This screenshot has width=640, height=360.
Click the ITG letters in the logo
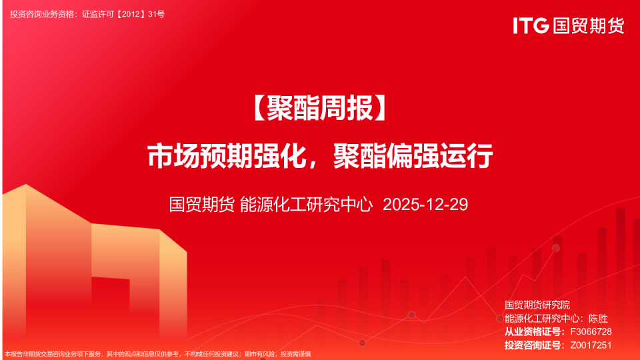point(531,26)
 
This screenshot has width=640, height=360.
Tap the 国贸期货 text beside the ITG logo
point(587,26)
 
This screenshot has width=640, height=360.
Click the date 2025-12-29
point(425,205)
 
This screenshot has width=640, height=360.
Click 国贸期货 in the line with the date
point(201,205)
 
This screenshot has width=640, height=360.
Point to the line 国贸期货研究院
point(537,305)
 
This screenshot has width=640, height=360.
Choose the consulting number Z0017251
point(591,345)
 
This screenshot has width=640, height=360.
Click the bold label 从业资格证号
point(533,332)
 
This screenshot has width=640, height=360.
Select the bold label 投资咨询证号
point(533,345)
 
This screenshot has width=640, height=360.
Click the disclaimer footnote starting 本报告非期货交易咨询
point(157,354)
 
